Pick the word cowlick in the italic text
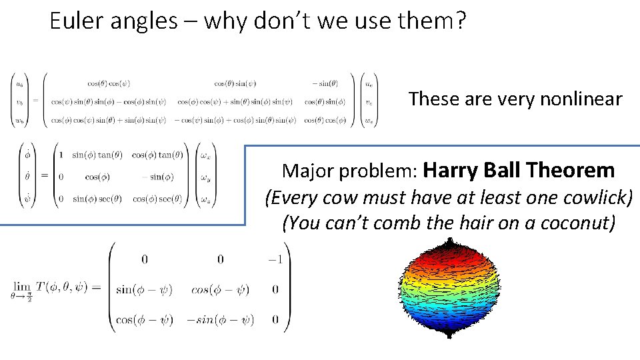594,197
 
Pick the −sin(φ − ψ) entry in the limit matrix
220,319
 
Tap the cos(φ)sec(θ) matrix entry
157,199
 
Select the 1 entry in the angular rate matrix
61,155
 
